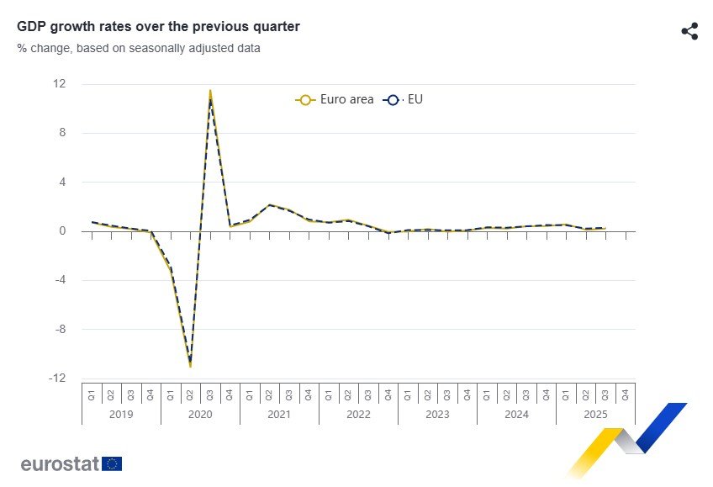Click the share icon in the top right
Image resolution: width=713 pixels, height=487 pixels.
[x=689, y=32]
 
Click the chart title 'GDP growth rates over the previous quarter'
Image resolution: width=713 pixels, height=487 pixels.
[x=158, y=27]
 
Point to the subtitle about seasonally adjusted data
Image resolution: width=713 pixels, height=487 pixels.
[x=139, y=48]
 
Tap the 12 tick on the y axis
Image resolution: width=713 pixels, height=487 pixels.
[x=60, y=84]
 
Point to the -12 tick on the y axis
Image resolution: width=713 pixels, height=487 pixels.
[x=57, y=378]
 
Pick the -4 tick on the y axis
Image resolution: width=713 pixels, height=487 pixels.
[x=60, y=280]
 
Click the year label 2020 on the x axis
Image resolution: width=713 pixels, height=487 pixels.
[x=200, y=415]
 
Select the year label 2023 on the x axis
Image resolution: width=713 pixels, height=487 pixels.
[x=437, y=415]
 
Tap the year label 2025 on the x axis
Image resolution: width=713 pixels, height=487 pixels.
[x=595, y=415]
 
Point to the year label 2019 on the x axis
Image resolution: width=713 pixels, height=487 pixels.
[x=121, y=415]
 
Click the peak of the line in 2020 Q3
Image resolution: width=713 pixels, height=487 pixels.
[x=210, y=92]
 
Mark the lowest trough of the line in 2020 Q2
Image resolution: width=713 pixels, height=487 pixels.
[x=190, y=365]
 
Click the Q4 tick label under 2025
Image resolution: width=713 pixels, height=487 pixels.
[x=625, y=393]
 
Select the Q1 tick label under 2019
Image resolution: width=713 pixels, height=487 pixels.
[x=92, y=393]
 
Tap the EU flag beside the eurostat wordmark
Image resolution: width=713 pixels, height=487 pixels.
[x=113, y=463]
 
